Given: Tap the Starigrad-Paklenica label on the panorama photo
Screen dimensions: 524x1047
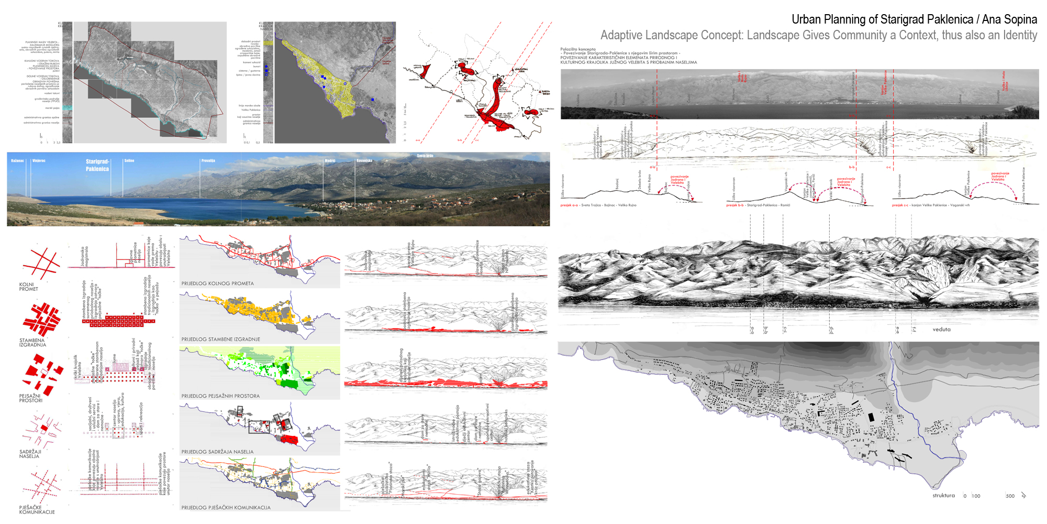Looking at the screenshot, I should click(97, 165).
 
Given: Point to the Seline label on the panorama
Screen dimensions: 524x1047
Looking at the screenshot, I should click(129, 161).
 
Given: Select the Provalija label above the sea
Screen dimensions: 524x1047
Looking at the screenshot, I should click(208, 161).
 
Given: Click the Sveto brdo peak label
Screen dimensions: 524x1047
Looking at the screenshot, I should click(425, 156).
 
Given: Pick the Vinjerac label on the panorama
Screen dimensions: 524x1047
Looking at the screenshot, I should click(39, 161).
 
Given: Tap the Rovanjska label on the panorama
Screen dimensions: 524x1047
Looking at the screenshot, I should click(364, 161).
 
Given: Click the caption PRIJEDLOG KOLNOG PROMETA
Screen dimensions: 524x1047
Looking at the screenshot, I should click(217, 283).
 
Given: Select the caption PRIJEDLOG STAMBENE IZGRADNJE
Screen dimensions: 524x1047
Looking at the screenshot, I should click(220, 340).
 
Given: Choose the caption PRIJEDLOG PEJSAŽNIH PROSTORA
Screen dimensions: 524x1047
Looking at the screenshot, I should click(220, 396).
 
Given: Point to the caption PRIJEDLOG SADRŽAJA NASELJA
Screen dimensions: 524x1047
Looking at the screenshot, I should click(217, 452).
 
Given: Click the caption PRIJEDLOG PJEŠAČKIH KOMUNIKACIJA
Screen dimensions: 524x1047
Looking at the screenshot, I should click(226, 508).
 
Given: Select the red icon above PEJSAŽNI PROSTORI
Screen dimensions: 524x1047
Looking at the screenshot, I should click(43, 373).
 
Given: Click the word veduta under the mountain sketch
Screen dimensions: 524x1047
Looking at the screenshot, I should click(941, 330).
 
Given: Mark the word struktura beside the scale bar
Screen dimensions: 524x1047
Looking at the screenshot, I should click(943, 496).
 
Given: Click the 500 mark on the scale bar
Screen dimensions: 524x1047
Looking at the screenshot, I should click(1010, 496).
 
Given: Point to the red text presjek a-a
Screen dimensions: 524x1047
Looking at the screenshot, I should click(569, 205).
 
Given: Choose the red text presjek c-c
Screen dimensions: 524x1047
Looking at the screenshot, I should click(900, 205).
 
